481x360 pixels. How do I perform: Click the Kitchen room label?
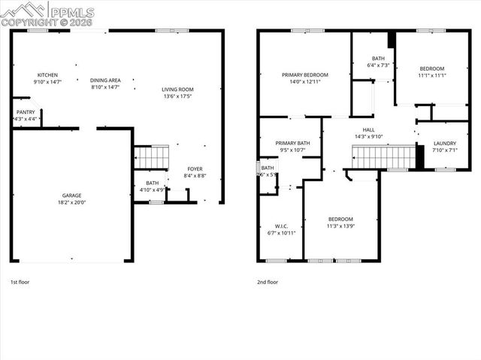coord(48,75)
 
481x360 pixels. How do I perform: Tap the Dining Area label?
coord(105,80)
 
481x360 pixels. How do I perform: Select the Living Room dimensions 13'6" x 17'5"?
coord(178,97)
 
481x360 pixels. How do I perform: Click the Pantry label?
coord(26,112)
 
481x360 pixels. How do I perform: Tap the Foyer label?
coord(195,168)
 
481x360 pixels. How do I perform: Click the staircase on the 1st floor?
coord(152,157)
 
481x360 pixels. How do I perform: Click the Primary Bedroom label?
coord(304,75)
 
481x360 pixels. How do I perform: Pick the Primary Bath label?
coord(292,143)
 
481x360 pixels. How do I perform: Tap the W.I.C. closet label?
coord(281,226)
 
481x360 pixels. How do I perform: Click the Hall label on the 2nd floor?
coord(368,129)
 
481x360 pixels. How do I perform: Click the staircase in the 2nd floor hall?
coord(383,158)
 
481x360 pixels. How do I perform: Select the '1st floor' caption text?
coord(20,282)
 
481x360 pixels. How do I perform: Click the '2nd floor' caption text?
coord(268,282)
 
